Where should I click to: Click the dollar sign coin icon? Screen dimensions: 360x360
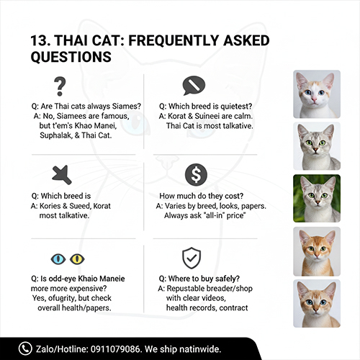192,174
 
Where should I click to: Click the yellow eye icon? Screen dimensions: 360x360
76,258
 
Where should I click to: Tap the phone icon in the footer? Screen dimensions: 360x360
27,348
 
